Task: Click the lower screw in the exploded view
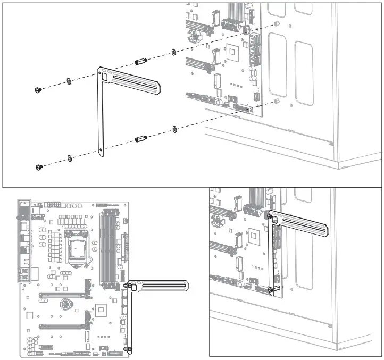pyautogui.click(x=39, y=168)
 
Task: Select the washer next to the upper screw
pyautogui.click(x=69, y=81)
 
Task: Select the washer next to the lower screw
pyautogui.click(x=69, y=158)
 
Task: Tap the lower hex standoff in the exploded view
pyautogui.click(x=141, y=139)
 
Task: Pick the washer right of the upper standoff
pyautogui.click(x=174, y=52)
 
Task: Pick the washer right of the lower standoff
pyautogui.click(x=174, y=129)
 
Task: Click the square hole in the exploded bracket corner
pyautogui.click(x=106, y=76)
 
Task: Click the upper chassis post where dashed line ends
pyautogui.click(x=277, y=24)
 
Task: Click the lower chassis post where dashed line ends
pyautogui.click(x=276, y=101)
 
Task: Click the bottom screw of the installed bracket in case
pyautogui.click(x=271, y=290)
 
